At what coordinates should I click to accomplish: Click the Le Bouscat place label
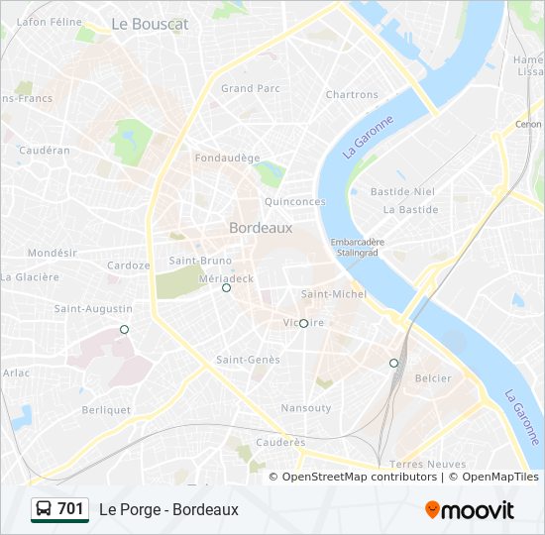[150, 23]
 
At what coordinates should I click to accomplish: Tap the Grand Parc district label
[251, 88]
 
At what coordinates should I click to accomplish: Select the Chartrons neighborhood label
[352, 95]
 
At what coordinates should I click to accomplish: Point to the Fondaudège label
[227, 158]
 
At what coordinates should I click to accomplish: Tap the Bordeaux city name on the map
[261, 227]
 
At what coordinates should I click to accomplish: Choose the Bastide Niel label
[402, 191]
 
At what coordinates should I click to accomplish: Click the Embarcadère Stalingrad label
[358, 247]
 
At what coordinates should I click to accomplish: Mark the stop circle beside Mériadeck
[226, 288]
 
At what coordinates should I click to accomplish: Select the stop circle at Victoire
[303, 323]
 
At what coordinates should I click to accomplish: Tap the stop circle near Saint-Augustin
[124, 329]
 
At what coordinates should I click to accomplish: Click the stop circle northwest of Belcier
[393, 363]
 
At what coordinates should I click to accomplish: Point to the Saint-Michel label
[334, 294]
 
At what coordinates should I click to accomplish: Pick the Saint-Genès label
[248, 360]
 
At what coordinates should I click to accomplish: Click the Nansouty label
[306, 408]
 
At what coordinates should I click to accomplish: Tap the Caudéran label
[45, 151]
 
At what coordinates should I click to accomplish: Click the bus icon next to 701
[44, 509]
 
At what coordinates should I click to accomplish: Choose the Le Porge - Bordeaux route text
[168, 509]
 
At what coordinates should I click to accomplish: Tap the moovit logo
[469, 510]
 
